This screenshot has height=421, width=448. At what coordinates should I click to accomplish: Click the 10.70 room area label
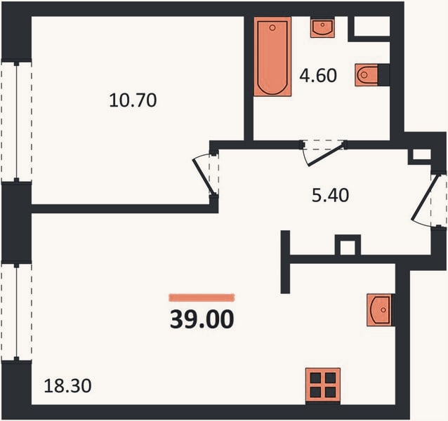(133, 100)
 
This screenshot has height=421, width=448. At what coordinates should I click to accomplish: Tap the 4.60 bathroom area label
(318, 76)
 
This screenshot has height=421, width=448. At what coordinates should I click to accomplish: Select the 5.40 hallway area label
(330, 196)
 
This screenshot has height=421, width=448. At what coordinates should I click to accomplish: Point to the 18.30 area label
(67, 386)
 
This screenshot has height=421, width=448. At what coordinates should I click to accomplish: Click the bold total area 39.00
(202, 319)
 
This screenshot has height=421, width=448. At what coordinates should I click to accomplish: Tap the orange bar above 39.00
(202, 298)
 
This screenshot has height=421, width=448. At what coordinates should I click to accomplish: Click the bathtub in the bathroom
(272, 57)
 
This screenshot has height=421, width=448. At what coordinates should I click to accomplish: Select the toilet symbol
(367, 75)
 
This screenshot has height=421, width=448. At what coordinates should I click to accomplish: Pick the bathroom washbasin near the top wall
(322, 28)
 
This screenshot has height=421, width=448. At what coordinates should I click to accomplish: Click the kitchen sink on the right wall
(379, 309)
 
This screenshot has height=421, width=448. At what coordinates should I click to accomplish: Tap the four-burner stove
(323, 385)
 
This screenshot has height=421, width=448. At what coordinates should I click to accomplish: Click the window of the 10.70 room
(17, 121)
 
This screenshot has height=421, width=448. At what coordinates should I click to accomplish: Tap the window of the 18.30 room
(17, 312)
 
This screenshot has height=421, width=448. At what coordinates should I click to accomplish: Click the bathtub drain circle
(272, 27)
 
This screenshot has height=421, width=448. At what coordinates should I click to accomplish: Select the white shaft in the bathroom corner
(372, 26)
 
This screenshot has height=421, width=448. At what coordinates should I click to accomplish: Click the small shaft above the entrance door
(421, 154)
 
